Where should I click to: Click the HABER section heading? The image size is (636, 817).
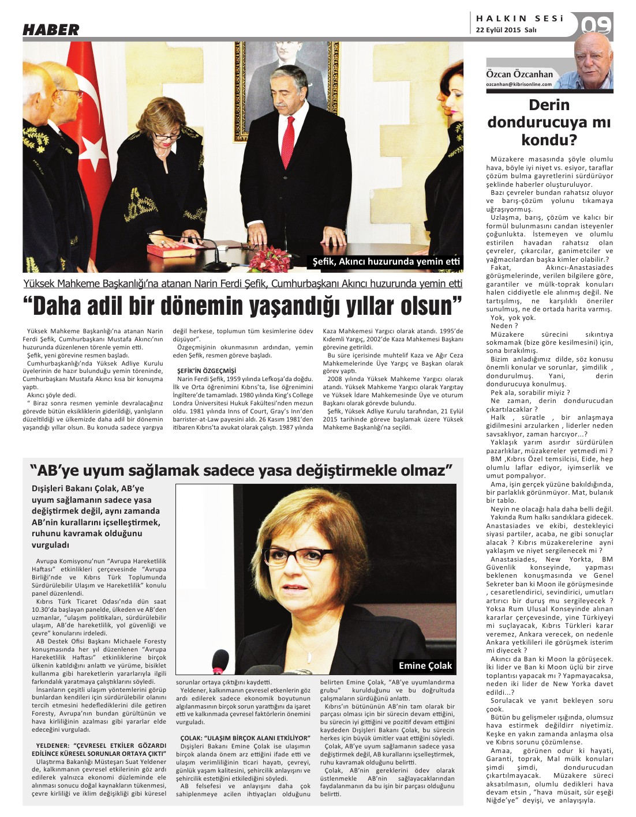tap(51, 30)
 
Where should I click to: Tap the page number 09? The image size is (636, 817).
tap(596, 26)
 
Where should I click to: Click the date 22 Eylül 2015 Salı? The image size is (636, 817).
tap(506, 30)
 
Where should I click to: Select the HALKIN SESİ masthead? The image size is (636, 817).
tap(519, 18)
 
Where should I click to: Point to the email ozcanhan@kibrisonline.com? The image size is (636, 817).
tap(519, 84)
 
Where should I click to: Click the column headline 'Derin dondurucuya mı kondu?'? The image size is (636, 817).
tap(549, 122)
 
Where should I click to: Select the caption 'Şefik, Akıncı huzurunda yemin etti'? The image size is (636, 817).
tap(386, 262)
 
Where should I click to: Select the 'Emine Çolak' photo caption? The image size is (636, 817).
tap(425, 666)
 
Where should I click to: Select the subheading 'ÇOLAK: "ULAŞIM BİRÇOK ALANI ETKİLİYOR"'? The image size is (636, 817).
tap(245, 737)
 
